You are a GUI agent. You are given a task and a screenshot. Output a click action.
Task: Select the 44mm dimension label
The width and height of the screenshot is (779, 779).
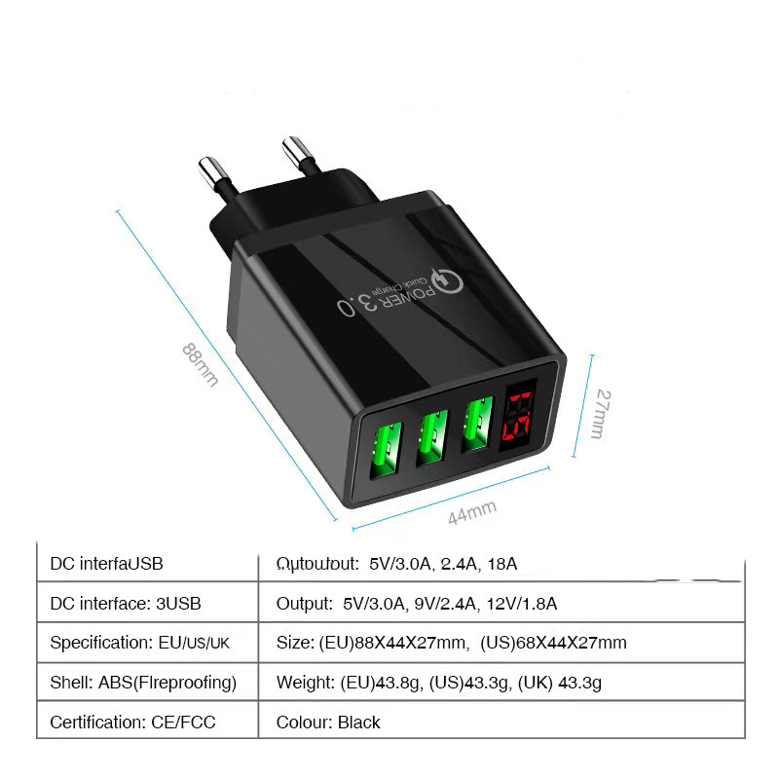click(x=472, y=511)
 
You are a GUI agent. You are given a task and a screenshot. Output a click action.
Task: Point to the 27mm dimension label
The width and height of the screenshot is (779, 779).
click(x=603, y=414)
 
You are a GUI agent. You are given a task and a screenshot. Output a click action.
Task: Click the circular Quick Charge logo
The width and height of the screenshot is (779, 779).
click(x=447, y=282)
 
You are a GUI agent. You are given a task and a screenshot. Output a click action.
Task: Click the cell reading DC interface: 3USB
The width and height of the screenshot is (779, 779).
click(x=126, y=604)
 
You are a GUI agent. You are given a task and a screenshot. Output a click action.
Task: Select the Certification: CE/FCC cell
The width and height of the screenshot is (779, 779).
click(x=133, y=722)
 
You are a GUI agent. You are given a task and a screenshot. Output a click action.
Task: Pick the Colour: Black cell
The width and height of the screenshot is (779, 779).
click(x=328, y=722)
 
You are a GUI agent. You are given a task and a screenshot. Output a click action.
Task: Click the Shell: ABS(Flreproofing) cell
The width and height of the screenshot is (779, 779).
click(x=143, y=683)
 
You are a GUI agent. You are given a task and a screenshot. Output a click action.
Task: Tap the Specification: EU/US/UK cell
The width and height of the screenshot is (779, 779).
click(x=140, y=643)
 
